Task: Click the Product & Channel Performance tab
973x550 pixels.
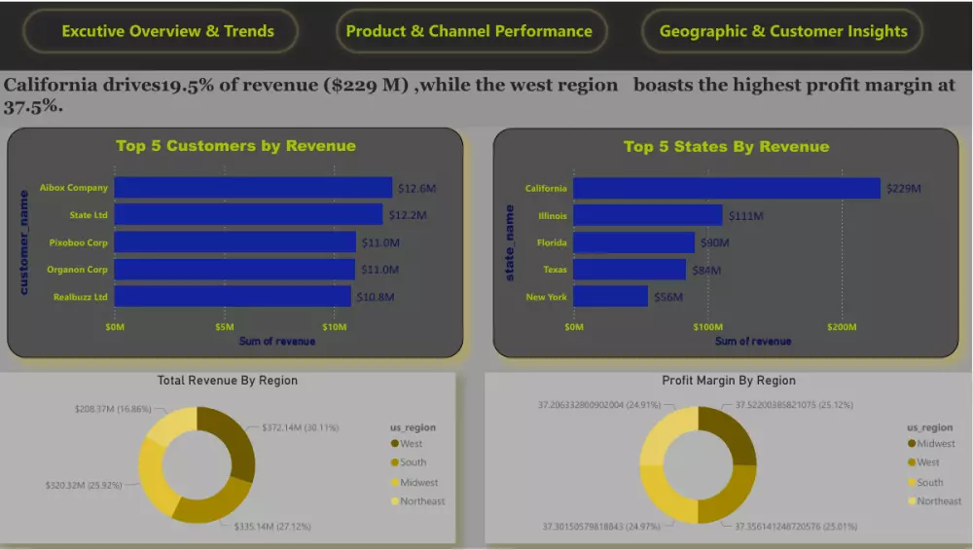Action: click(x=469, y=31)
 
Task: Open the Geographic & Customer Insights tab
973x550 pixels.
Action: click(x=783, y=31)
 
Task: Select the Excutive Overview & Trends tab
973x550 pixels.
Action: click(x=167, y=31)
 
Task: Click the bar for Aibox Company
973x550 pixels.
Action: click(x=253, y=188)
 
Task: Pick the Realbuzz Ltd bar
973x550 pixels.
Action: click(x=233, y=296)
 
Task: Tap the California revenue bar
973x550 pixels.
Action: click(x=726, y=188)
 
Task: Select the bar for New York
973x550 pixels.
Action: click(x=610, y=296)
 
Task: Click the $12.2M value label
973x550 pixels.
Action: click(x=408, y=215)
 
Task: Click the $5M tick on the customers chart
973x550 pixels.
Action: click(x=225, y=327)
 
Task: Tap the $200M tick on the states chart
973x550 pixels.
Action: click(x=842, y=327)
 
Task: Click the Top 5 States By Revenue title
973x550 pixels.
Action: click(x=726, y=147)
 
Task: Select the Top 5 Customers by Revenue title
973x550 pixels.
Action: click(x=235, y=146)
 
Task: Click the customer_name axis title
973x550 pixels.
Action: click(x=24, y=241)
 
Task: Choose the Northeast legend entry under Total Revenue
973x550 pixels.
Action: click(x=421, y=501)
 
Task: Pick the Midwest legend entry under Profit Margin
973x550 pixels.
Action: click(x=935, y=444)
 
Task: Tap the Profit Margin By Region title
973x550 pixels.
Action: click(x=728, y=381)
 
